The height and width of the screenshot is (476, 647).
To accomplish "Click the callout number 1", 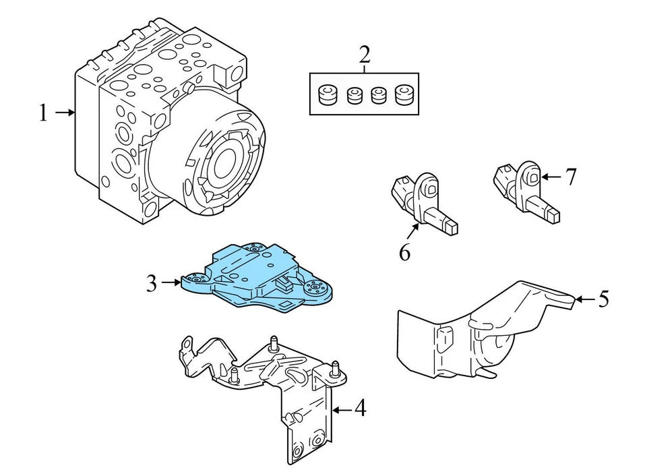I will click(x=44, y=113).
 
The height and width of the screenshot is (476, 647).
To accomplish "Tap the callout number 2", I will click(x=364, y=55).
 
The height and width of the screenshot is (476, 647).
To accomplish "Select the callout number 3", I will click(x=152, y=283).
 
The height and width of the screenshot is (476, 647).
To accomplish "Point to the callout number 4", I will click(x=360, y=409).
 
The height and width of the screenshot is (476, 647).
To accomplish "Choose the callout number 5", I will click(x=603, y=299).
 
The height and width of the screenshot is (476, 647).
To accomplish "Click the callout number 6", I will click(x=404, y=252).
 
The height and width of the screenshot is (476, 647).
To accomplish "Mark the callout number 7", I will click(x=571, y=177).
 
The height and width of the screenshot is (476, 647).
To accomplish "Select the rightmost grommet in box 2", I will click(x=404, y=96).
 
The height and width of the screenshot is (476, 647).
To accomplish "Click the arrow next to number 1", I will click(x=66, y=113).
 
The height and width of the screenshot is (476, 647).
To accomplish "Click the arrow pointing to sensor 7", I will click(x=551, y=177).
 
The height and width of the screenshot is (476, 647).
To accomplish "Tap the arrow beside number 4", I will click(x=342, y=409).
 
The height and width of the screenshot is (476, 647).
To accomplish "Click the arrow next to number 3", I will click(x=172, y=283).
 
